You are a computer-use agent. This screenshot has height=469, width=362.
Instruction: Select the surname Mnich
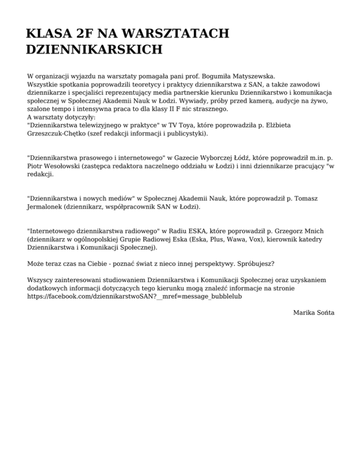313,231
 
